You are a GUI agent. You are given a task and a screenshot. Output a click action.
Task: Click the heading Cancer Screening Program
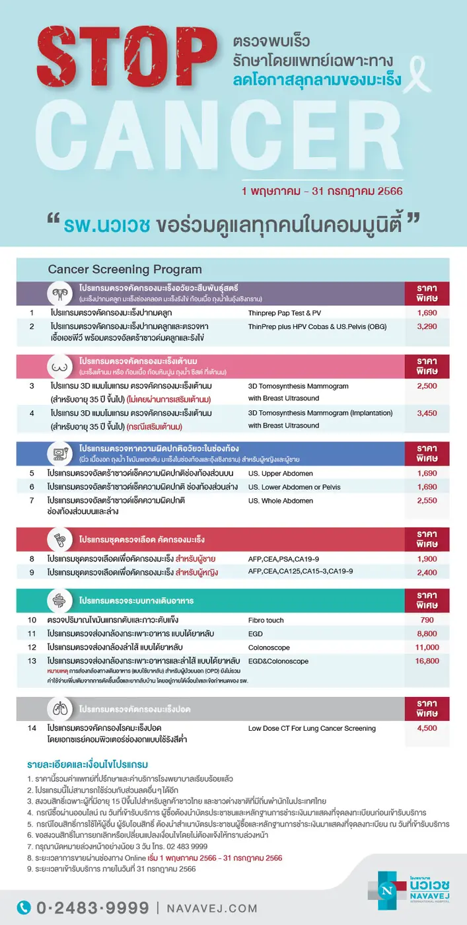pos(125,270)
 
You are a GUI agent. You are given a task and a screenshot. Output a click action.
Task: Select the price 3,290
pos(427,326)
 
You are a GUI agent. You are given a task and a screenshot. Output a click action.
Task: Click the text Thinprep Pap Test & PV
pos(284,313)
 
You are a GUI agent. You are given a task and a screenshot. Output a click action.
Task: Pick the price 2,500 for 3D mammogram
pos(427,385)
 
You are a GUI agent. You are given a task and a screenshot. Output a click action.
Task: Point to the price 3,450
pos(427,413)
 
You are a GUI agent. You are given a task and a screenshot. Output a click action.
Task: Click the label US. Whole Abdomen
pos(280,501)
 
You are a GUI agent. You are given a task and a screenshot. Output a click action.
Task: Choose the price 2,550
pos(427,501)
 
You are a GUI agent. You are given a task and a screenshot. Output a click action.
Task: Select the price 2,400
pos(427,572)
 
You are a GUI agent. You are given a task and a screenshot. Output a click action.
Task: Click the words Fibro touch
pos(266,620)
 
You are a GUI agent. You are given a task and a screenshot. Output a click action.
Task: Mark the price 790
pos(427,620)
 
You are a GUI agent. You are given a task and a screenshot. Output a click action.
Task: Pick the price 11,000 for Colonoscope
pos(427,647)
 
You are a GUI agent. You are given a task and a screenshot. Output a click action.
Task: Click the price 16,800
pos(427,661)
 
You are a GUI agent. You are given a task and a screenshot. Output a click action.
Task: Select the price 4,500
pos(427,728)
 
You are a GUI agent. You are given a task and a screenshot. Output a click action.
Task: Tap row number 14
pos(32,728)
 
